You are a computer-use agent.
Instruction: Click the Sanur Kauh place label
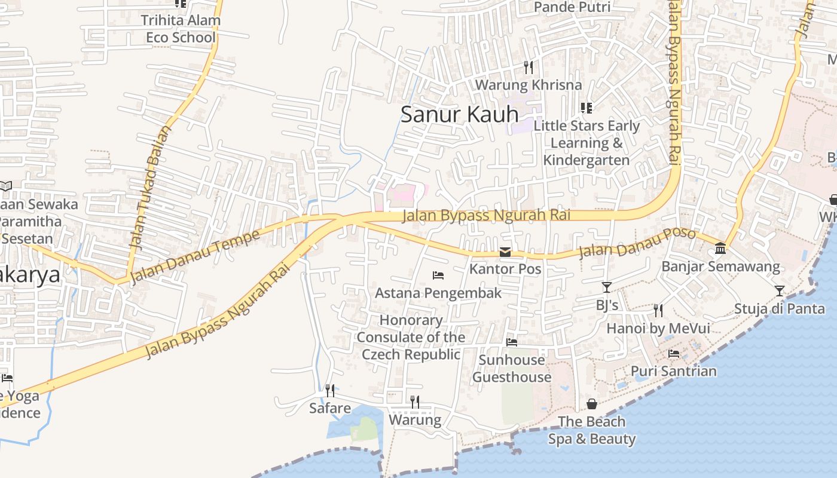click(459, 114)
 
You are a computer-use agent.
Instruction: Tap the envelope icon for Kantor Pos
click(505, 252)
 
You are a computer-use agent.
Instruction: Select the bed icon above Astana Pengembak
click(438, 275)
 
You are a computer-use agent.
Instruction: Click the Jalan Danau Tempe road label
click(195, 256)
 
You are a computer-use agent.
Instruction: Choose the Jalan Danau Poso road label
click(637, 242)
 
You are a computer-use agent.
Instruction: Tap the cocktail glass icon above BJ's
click(607, 287)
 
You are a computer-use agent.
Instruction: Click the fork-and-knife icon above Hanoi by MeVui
click(658, 310)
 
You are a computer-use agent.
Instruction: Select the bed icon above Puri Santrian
click(674, 353)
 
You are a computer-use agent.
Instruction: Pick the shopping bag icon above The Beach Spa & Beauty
click(592, 404)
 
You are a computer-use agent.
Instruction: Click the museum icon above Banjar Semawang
click(720, 249)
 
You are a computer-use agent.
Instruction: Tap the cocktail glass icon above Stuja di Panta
click(779, 291)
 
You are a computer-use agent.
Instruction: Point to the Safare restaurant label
click(330, 408)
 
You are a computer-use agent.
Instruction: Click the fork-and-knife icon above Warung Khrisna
click(528, 67)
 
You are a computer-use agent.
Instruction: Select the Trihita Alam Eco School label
click(181, 29)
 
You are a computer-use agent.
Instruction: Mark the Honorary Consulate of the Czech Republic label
click(411, 337)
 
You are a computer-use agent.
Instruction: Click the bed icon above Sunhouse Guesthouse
click(512, 342)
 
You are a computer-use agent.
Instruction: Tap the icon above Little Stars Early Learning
click(586, 108)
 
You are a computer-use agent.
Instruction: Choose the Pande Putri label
click(572, 7)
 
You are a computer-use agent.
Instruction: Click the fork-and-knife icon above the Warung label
click(415, 402)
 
